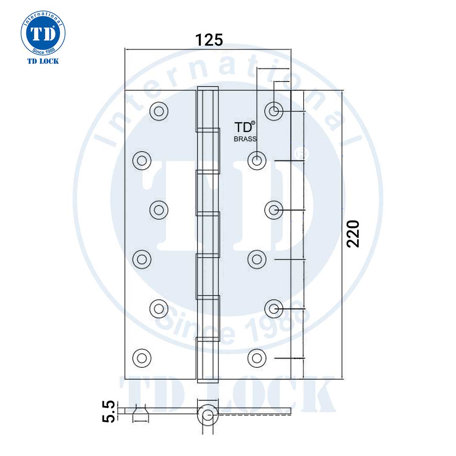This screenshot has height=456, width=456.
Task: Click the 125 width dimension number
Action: click(209, 40)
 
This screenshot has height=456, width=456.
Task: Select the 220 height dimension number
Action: click(352, 233)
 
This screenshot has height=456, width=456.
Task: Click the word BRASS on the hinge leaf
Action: click(245, 139)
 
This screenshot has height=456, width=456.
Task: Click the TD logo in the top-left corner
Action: click(43, 33)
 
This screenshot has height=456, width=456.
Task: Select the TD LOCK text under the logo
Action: click(43, 61)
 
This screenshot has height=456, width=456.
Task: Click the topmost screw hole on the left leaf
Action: click(159, 111)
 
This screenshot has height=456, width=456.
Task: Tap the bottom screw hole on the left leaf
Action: click(141, 358)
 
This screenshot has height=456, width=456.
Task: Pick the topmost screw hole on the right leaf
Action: click(274, 111)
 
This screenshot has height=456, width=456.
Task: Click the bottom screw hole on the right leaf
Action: click(256, 358)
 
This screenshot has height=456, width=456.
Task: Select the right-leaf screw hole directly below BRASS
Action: click(256, 160)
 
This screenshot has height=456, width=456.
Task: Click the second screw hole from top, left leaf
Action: click(141, 160)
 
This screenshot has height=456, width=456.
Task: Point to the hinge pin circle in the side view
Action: click(207, 415)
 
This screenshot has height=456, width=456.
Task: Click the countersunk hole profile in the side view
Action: click(141, 413)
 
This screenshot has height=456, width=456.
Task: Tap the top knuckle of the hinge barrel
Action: click(208, 109)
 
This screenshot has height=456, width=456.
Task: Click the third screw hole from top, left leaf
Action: click(159, 210)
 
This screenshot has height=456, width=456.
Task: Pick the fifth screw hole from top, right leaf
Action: click(274, 309)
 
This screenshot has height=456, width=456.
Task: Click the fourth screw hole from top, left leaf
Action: click(141, 259)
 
